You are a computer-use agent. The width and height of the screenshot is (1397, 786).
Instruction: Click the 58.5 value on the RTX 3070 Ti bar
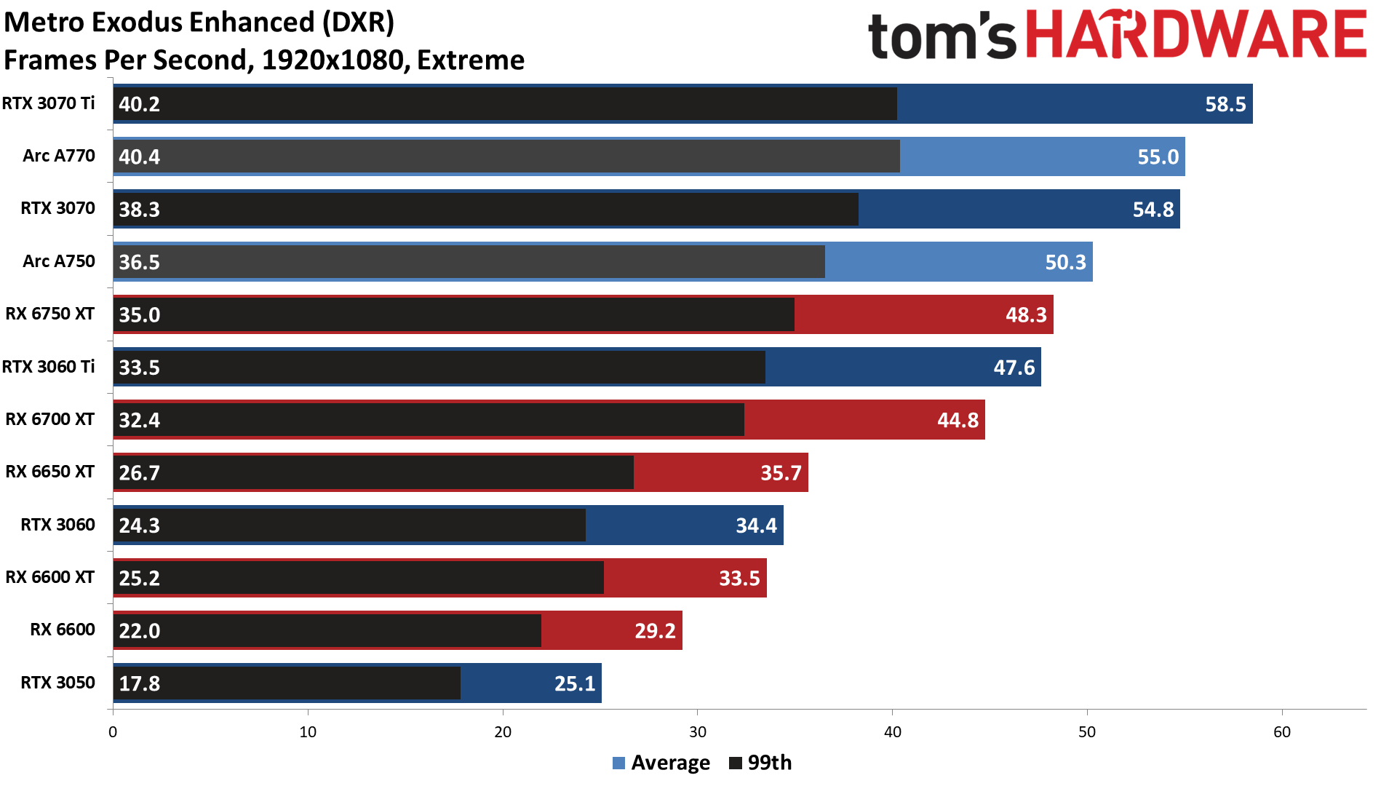[1225, 104]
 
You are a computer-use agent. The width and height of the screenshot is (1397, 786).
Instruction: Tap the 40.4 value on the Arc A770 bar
[139, 156]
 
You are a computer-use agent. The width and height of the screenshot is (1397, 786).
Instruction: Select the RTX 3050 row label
[57, 683]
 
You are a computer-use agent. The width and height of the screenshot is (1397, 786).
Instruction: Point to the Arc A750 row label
[58, 261]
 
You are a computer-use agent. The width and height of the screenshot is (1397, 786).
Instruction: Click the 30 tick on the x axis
[697, 731]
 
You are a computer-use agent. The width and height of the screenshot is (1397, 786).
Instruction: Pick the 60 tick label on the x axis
[1281, 731]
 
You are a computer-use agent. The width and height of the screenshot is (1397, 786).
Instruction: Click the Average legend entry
[661, 763]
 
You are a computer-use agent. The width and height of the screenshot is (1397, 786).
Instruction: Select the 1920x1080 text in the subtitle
[332, 60]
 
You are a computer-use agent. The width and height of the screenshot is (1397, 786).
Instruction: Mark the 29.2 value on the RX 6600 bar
[655, 630]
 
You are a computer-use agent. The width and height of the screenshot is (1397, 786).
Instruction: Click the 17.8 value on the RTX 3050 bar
[139, 683]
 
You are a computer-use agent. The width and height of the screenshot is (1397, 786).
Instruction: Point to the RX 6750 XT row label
[49, 314]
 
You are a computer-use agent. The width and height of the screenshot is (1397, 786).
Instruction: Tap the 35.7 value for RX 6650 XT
[781, 473]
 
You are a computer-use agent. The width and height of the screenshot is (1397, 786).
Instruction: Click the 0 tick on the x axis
[113, 731]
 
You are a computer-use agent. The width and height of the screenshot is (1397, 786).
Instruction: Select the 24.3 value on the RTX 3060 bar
[139, 525]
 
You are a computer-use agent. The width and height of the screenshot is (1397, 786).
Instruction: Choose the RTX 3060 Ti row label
[48, 367]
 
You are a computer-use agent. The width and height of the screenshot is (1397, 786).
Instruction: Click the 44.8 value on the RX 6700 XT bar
[958, 420]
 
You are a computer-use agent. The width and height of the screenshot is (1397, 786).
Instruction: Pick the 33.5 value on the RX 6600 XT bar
[739, 578]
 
